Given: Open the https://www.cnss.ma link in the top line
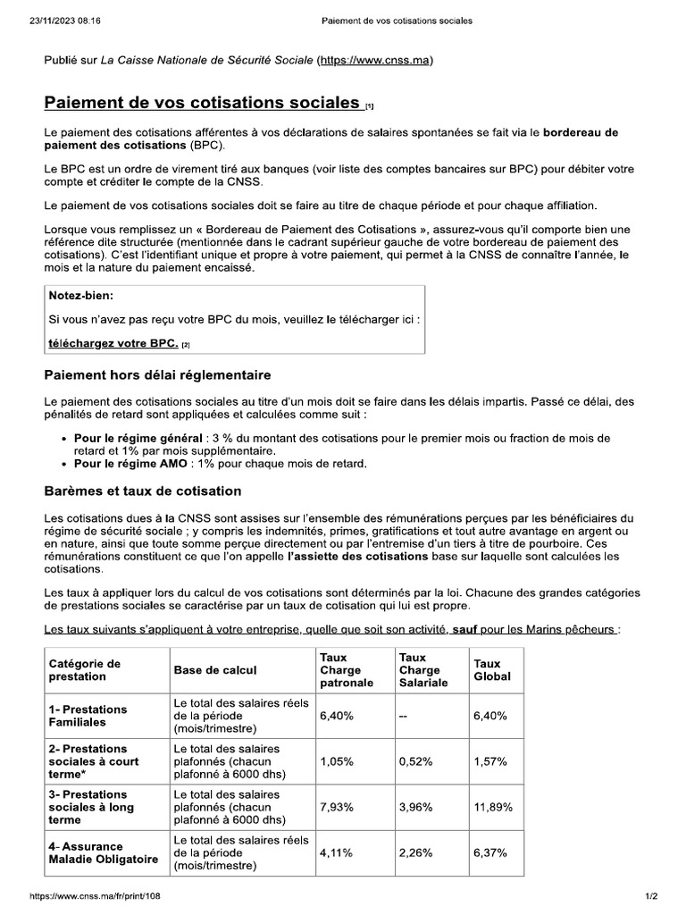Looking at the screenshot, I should pyautogui.click(x=375, y=61).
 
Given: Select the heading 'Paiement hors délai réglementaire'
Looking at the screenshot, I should pyautogui.click(x=157, y=374).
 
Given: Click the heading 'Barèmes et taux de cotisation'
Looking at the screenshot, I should pyautogui.click(x=143, y=491).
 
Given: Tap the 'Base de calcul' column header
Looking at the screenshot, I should pyautogui.click(x=214, y=669).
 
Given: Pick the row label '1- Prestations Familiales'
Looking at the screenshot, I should pyautogui.click(x=88, y=715).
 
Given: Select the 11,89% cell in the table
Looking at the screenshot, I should pyautogui.click(x=493, y=807).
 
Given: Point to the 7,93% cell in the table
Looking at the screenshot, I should pyautogui.click(x=336, y=807).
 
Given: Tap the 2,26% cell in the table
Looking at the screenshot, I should pyautogui.click(x=415, y=852).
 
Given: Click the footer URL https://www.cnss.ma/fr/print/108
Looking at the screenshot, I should pyautogui.click(x=96, y=895).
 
